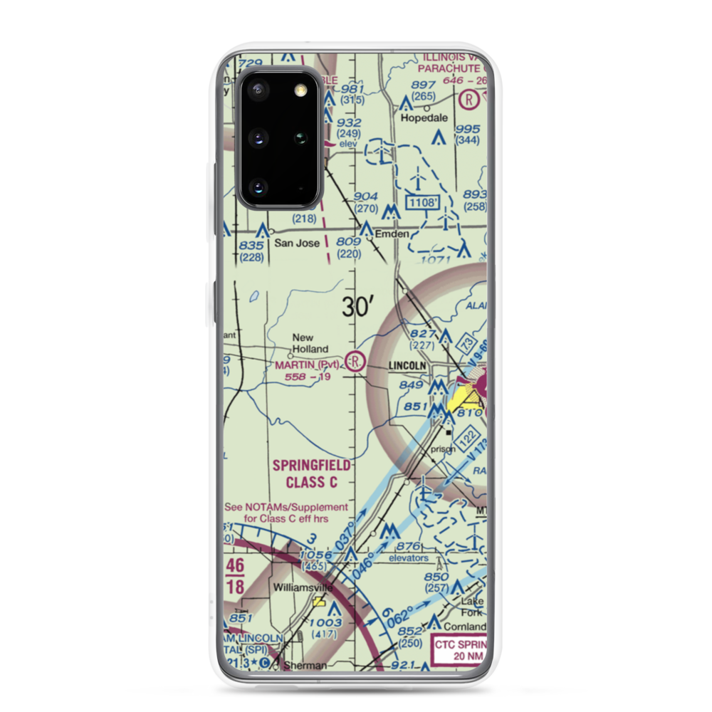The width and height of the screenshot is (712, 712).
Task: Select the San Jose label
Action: point(297,243)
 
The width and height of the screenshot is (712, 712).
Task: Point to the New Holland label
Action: point(310,343)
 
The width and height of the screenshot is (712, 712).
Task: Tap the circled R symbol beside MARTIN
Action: point(356,362)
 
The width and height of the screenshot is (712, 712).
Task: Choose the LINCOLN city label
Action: point(407,365)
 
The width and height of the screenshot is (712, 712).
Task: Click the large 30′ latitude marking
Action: point(358,307)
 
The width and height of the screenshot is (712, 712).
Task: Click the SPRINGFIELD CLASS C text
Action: point(311,474)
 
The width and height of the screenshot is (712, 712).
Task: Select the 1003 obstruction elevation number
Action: point(325,622)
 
